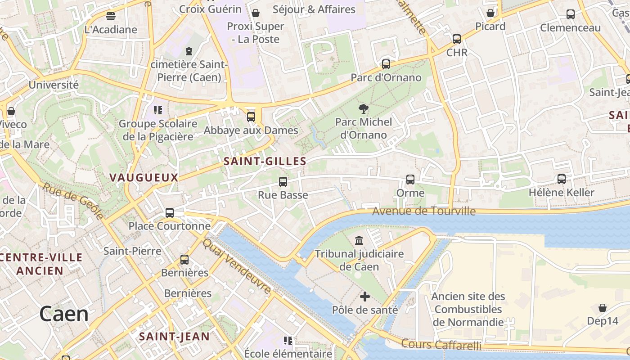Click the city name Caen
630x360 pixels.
pos(64,314)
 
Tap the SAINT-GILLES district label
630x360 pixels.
pos(265,161)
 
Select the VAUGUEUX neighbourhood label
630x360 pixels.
pos(144,177)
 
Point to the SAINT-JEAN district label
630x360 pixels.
pos(174,336)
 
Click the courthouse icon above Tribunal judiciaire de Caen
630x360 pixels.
pos(359,240)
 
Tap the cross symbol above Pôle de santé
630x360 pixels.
pos(365,297)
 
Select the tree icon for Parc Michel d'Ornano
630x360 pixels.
pos(363,108)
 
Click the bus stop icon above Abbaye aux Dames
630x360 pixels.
pos(251,117)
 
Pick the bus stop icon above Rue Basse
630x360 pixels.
pos(283,182)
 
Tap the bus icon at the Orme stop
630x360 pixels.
pos(410,180)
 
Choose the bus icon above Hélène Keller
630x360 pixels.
pos(562,179)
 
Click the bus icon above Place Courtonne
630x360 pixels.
pos(170,213)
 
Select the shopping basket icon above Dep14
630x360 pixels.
pos(603,308)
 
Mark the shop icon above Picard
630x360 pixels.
pos(490,13)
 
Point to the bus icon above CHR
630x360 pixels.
pos(457,39)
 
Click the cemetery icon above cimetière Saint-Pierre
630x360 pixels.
pos(189,51)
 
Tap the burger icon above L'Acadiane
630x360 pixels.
pos(111,16)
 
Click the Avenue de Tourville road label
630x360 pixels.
pos(424,211)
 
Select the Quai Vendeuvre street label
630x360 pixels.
pos(237,266)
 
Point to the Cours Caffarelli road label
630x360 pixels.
pos(441,345)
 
